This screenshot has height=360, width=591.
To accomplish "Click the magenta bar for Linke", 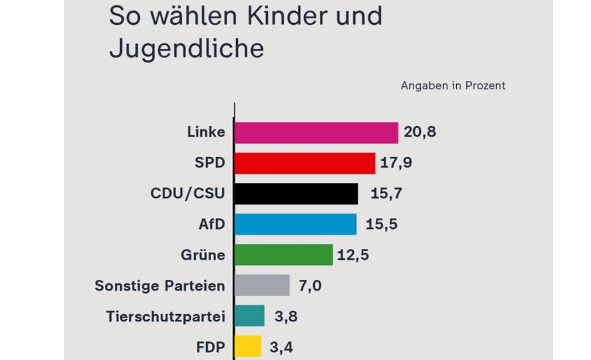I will click(x=316, y=133).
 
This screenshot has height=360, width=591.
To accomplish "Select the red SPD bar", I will click(x=305, y=164).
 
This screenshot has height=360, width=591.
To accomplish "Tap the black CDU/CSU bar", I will click(x=296, y=194).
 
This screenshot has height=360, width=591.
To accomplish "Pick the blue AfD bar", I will click(x=295, y=224).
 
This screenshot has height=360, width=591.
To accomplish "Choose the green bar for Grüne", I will click(x=283, y=255).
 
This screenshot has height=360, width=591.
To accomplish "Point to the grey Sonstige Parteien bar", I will click(x=262, y=285).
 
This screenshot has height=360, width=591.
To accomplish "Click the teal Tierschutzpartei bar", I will click(x=249, y=316).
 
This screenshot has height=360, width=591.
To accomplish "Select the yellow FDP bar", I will click(x=247, y=346).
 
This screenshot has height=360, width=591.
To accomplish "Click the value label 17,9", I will click(x=396, y=164).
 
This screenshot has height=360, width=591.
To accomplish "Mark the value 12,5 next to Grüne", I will click(x=353, y=255).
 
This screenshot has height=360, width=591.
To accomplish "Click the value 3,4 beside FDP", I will click(x=281, y=346).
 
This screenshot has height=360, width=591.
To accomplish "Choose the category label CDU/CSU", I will click(x=187, y=194).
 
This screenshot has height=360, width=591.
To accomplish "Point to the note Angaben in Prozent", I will click(x=453, y=86).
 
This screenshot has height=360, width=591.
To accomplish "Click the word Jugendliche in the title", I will click(x=186, y=49).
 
